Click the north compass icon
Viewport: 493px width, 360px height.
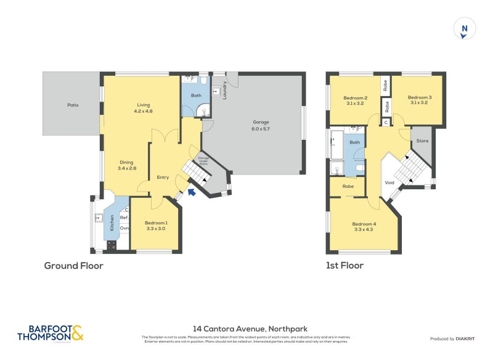(465, 30)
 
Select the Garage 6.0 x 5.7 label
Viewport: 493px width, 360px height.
(261, 126)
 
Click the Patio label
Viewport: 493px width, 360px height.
(73, 105)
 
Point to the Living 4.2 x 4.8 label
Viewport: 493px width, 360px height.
(142, 108)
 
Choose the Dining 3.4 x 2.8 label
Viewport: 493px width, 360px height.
(126, 165)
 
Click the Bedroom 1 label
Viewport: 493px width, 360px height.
(155, 226)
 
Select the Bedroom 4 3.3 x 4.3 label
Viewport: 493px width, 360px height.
(363, 227)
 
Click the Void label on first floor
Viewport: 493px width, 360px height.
(389, 182)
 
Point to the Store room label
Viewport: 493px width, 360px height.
(422, 141)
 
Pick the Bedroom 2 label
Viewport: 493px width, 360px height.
(355, 100)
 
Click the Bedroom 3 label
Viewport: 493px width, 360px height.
(419, 100)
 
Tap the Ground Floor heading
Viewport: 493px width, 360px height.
(73, 266)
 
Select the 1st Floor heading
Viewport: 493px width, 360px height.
(345, 266)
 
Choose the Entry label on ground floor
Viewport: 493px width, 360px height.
(162, 178)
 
